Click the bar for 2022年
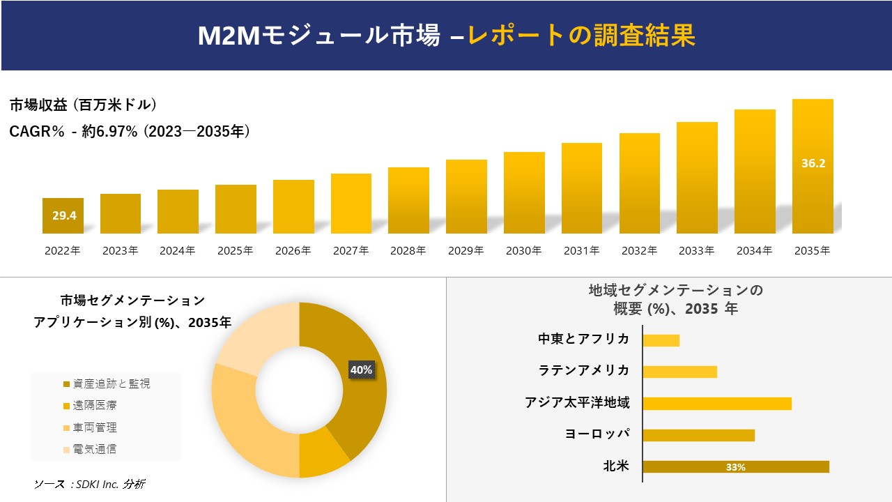click(x=63, y=215)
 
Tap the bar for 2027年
click(x=351, y=203)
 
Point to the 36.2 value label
click(x=813, y=163)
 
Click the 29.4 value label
click(x=63, y=215)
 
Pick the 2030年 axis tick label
click(x=523, y=251)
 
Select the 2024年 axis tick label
click(x=178, y=251)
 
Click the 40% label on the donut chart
click(x=361, y=370)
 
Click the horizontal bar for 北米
click(x=736, y=467)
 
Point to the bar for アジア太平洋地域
click(x=717, y=403)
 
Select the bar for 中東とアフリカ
click(x=661, y=340)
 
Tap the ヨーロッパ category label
click(x=597, y=434)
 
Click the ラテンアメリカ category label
click(x=584, y=370)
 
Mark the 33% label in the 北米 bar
click(x=735, y=467)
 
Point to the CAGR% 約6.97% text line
click(x=130, y=131)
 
